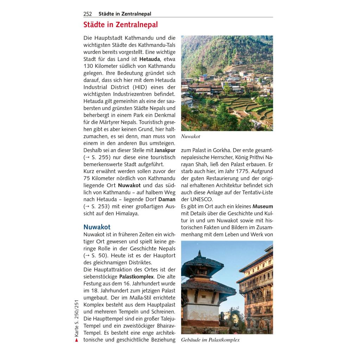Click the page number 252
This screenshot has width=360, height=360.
click(88, 14)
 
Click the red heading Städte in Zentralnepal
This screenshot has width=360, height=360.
click(121, 25)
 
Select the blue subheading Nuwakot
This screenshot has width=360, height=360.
click(97, 227)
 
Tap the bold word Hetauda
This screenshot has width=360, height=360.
click(150, 59)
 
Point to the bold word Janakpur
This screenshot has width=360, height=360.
click(165, 150)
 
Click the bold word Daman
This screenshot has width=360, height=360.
click(167, 199)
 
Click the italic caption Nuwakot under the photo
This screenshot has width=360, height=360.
click(191, 136)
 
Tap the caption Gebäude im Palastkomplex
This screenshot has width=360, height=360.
click(210, 340)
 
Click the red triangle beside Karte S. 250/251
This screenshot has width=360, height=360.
click(76, 340)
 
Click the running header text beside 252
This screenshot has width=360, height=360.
click(125, 14)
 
